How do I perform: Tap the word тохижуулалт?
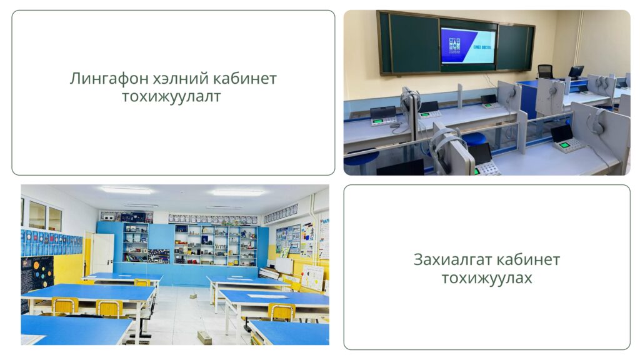171,97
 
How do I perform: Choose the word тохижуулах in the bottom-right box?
487,278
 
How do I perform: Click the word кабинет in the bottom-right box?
527,259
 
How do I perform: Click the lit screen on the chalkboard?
468,46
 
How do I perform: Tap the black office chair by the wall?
544,71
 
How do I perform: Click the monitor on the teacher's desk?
576,72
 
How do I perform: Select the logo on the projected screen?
454,45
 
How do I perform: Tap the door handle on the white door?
110,260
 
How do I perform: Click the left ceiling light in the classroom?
126,190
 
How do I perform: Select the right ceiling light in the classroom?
238,192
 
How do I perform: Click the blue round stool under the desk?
476,139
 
